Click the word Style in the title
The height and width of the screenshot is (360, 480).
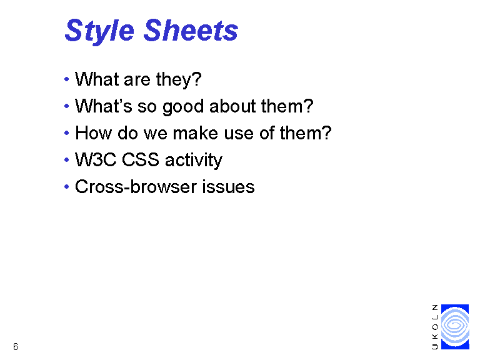pos(99,31)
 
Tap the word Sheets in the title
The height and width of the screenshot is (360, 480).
pos(191,30)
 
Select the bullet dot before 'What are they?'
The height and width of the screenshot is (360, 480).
pos(67,79)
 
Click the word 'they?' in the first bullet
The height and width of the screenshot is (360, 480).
pos(179,80)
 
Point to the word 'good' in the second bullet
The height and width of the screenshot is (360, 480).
pos(183,107)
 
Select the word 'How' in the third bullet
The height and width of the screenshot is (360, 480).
pos(93,133)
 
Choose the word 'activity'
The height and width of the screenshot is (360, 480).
pos(194,161)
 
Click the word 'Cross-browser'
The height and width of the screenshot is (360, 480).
pos(136,187)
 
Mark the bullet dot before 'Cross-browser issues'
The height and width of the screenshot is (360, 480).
pos(67,187)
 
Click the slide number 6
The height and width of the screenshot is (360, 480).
pos(16,346)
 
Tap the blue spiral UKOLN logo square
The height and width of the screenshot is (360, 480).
pos(455,327)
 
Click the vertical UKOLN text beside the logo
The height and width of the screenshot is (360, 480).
pos(435,327)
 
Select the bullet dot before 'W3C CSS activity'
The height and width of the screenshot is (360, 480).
pos(67,160)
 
